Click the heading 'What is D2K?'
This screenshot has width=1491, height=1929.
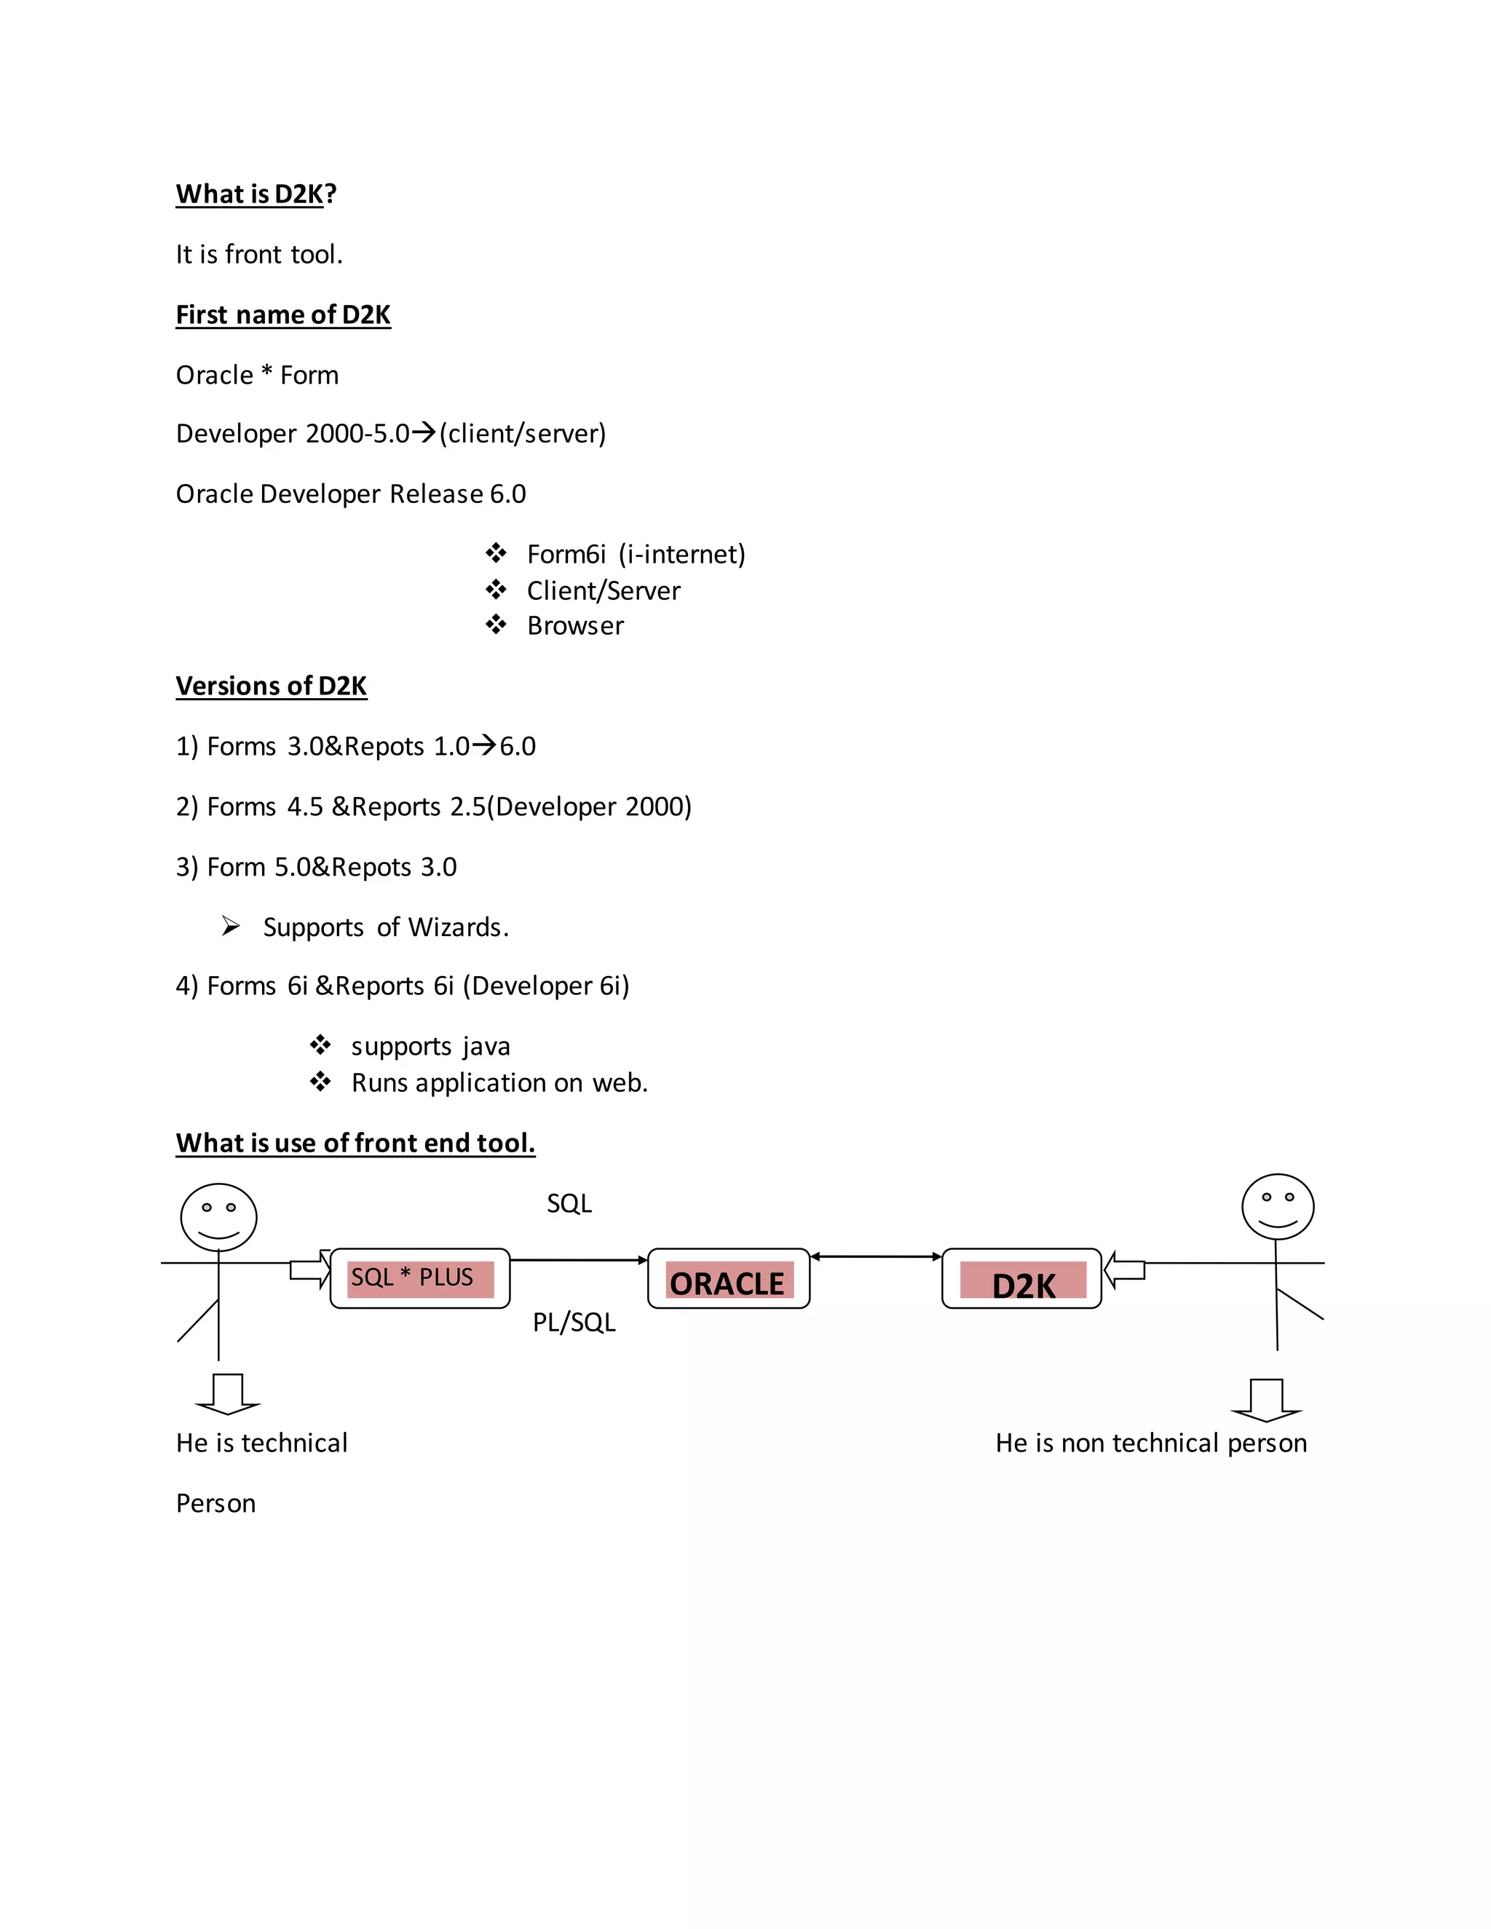point(256,194)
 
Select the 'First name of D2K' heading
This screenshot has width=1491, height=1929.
point(282,315)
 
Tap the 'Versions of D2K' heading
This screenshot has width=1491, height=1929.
point(271,686)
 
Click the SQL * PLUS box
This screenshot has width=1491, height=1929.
point(419,1278)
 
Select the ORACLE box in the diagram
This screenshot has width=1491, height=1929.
point(729,1279)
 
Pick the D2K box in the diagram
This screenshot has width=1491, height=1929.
point(1022,1279)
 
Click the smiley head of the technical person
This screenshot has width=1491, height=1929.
point(218,1218)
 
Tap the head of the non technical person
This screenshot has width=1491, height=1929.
point(1277,1206)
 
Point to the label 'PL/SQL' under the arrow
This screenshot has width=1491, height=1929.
point(574,1322)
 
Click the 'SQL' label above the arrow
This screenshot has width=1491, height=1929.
point(569,1204)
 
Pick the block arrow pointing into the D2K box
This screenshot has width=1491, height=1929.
point(1124,1270)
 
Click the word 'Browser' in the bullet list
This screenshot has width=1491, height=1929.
point(575,626)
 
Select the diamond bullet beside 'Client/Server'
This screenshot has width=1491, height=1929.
point(496,589)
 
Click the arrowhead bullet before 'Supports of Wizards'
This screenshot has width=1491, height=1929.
point(231,927)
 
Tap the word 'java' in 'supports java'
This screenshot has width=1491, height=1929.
point(486,1047)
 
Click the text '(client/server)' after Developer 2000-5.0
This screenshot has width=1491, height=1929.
point(522,434)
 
